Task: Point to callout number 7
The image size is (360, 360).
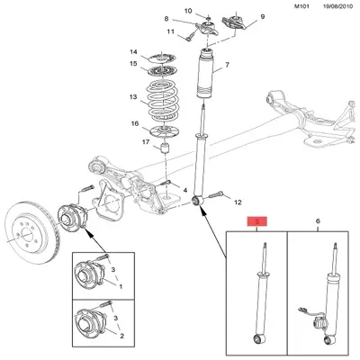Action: click(x=226, y=66)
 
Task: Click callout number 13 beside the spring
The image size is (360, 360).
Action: click(x=133, y=97)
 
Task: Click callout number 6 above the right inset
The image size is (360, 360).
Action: click(x=318, y=220)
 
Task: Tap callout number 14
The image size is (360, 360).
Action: click(x=133, y=51)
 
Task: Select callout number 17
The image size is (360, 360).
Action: click(x=133, y=142)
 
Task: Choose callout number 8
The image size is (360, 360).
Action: click(x=168, y=19)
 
